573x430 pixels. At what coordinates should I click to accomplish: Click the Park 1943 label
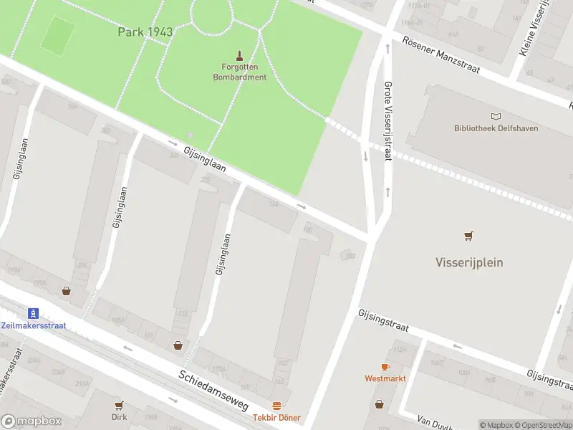(145, 32)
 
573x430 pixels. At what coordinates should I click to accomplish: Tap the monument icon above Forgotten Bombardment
(239, 54)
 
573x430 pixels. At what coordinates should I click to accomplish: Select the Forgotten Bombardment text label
(239, 72)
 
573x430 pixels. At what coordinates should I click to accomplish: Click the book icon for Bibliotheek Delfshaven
(496, 116)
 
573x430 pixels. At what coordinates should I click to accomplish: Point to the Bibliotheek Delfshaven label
(496, 128)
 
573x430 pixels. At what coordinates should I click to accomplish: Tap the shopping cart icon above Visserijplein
(469, 235)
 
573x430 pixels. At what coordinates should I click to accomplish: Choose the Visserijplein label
(469, 262)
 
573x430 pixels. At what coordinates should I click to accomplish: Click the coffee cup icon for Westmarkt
(385, 366)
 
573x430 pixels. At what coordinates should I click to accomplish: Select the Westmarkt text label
(385, 378)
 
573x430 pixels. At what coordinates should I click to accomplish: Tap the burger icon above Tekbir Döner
(276, 406)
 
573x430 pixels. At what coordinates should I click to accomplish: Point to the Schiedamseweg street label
(213, 390)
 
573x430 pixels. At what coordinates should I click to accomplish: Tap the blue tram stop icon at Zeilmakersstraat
(32, 313)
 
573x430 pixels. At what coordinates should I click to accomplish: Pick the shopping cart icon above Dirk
(119, 405)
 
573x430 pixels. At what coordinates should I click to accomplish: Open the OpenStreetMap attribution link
(542, 425)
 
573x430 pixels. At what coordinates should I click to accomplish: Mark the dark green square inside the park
(57, 35)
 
